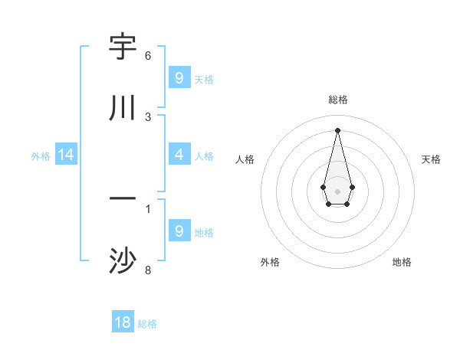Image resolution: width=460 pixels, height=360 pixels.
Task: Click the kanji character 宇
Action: [123, 47]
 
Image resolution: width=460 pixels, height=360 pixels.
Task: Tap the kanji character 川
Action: [123, 108]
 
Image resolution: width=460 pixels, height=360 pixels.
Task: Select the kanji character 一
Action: [123, 200]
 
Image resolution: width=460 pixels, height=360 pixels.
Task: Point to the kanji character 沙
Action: [123, 261]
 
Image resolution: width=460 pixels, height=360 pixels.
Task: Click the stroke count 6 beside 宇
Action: [148, 56]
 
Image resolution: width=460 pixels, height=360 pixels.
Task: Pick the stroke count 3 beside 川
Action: [148, 116]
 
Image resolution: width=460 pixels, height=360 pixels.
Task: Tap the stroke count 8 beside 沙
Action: [148, 270]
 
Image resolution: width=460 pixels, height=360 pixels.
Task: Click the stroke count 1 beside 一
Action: [148, 208]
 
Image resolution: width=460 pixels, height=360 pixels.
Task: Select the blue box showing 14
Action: [66, 155]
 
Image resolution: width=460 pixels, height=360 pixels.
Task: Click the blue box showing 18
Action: [123, 322]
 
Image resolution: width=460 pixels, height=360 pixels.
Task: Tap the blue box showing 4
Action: [179, 155]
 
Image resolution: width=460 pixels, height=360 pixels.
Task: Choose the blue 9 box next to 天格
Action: [179, 78]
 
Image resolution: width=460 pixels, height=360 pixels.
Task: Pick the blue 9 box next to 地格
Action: [179, 231]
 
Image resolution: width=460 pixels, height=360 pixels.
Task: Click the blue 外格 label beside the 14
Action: [41, 156]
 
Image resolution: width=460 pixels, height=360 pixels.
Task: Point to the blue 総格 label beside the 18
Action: [147, 324]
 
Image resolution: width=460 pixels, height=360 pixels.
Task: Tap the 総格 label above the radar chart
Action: [338, 100]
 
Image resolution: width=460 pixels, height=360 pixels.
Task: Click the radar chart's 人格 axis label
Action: [245, 159]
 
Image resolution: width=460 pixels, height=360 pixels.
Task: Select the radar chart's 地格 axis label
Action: [402, 262]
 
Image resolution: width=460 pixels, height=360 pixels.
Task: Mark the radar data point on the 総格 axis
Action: [337, 129]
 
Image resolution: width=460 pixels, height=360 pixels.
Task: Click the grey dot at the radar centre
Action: [337, 190]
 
